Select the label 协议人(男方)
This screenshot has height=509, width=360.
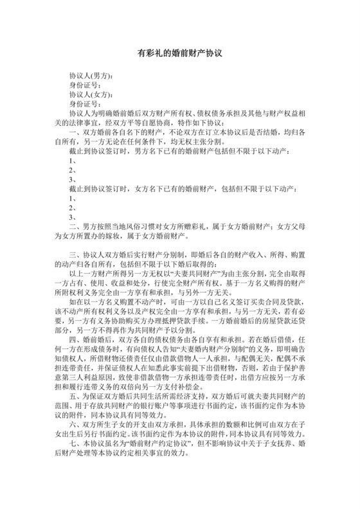[x=91, y=75]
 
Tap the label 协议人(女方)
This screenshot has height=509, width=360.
[x=91, y=94]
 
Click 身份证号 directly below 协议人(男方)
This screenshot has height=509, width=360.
[x=84, y=84]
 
